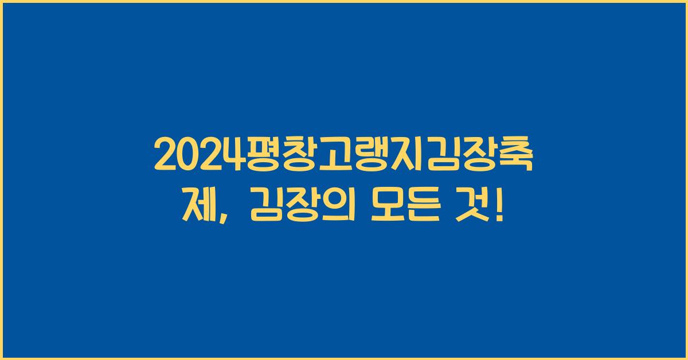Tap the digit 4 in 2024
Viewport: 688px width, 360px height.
pyautogui.click(x=229, y=155)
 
